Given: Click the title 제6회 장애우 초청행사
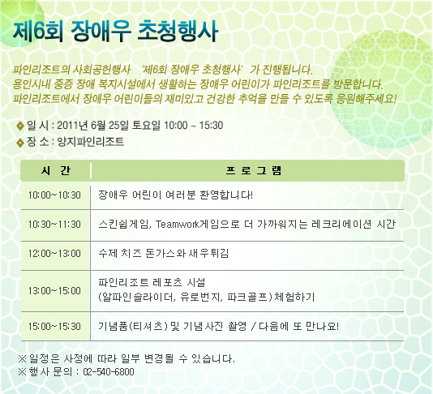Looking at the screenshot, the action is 115,31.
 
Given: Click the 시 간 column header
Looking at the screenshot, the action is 56,170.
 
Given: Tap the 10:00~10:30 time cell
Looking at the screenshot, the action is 54,195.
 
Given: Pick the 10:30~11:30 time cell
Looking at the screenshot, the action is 54,225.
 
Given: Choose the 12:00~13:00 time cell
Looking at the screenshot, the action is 54,254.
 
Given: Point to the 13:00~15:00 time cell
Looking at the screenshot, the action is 54,291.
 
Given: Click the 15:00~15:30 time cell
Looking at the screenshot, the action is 54,327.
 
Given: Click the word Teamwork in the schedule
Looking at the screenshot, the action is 177,225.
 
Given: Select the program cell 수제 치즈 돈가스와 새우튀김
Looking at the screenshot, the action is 164,253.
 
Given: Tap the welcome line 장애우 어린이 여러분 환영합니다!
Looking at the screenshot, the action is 176,195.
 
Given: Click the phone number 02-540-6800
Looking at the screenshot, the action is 109,371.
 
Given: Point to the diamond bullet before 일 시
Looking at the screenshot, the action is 20,126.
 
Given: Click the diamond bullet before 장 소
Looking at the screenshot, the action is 20,143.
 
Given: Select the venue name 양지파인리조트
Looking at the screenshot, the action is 90,142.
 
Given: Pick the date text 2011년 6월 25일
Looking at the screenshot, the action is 92,126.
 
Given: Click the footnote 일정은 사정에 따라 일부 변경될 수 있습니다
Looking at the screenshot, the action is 132,358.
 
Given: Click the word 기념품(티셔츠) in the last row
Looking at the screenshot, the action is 133,327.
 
